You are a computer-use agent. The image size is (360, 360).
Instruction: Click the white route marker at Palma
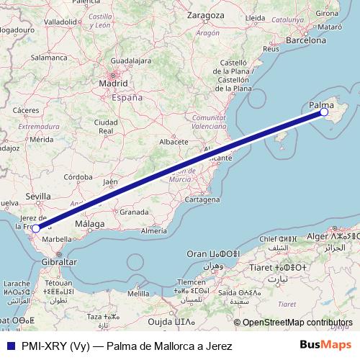(324, 112)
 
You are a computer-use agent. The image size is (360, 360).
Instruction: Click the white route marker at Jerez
(35, 229)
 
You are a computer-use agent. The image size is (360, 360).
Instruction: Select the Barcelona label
(306, 41)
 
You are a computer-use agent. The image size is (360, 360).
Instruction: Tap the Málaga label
(91, 224)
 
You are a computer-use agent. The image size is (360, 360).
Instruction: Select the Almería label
(153, 230)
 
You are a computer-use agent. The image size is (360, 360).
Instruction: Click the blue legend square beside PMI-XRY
(9, 346)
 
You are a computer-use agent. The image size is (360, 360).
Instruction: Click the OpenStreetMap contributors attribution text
(297, 323)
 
